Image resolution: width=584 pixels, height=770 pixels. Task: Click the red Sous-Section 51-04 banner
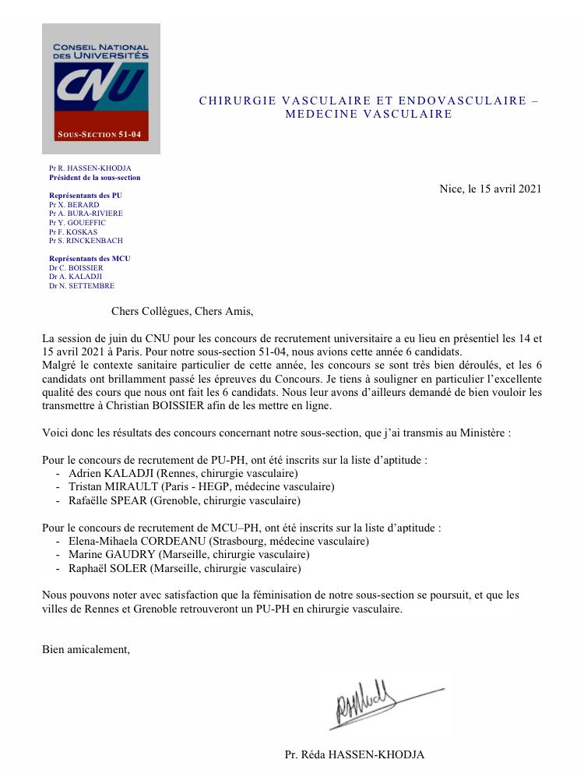[x=100, y=135]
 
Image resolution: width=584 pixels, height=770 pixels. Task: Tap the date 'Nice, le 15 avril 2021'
[x=490, y=189]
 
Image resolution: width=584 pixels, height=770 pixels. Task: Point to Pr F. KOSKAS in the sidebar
[x=74, y=231]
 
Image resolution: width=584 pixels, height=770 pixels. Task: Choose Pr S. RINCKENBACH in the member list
[x=86, y=241]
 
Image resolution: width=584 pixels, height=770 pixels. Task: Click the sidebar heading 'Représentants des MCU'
[x=90, y=258]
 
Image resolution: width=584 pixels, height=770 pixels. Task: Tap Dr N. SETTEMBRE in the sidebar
[x=81, y=286]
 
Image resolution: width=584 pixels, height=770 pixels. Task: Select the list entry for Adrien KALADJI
[x=184, y=473]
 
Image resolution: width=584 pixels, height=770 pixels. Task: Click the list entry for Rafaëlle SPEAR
[x=185, y=500]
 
